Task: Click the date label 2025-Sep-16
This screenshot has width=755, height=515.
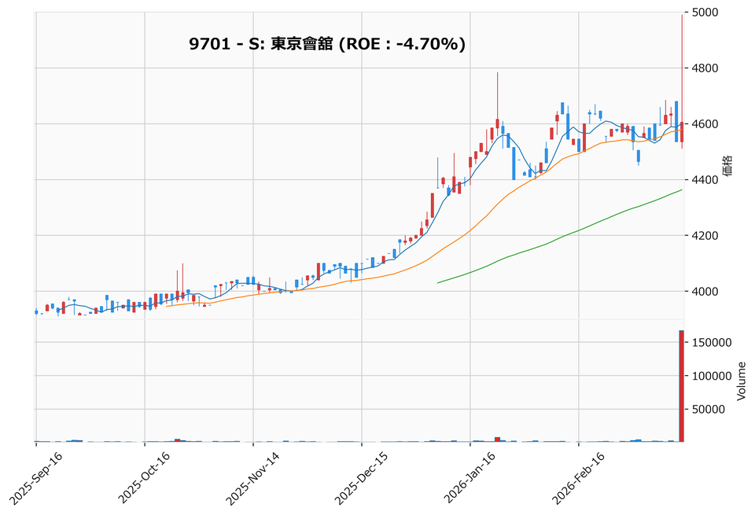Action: pos(38,478)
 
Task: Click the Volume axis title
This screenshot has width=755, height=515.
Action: pos(741,381)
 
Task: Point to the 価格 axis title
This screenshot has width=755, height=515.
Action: pos(728,166)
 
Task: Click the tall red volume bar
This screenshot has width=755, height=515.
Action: pos(681,386)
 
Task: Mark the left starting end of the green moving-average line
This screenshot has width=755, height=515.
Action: pos(438,282)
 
